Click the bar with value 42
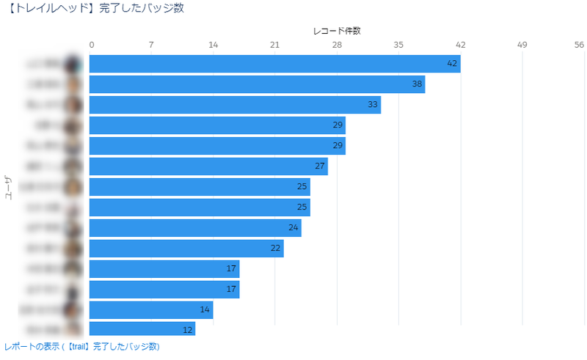[x=274, y=64]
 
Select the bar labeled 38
[x=257, y=84]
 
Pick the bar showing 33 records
[x=235, y=105]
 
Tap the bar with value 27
[x=208, y=166]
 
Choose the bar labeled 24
[x=195, y=228]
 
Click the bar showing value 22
[x=186, y=249]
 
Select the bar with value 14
[x=151, y=310]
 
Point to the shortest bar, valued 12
[x=142, y=329]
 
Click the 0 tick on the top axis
[x=91, y=45]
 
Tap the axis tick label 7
[x=151, y=45]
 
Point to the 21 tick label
[x=275, y=45]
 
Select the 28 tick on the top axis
[x=337, y=45]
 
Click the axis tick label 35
[x=398, y=45]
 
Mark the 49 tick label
[x=522, y=45]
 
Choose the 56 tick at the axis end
[x=579, y=45]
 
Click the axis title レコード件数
[x=337, y=31]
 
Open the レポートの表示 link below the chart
[x=81, y=347]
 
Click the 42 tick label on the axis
[x=461, y=45]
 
